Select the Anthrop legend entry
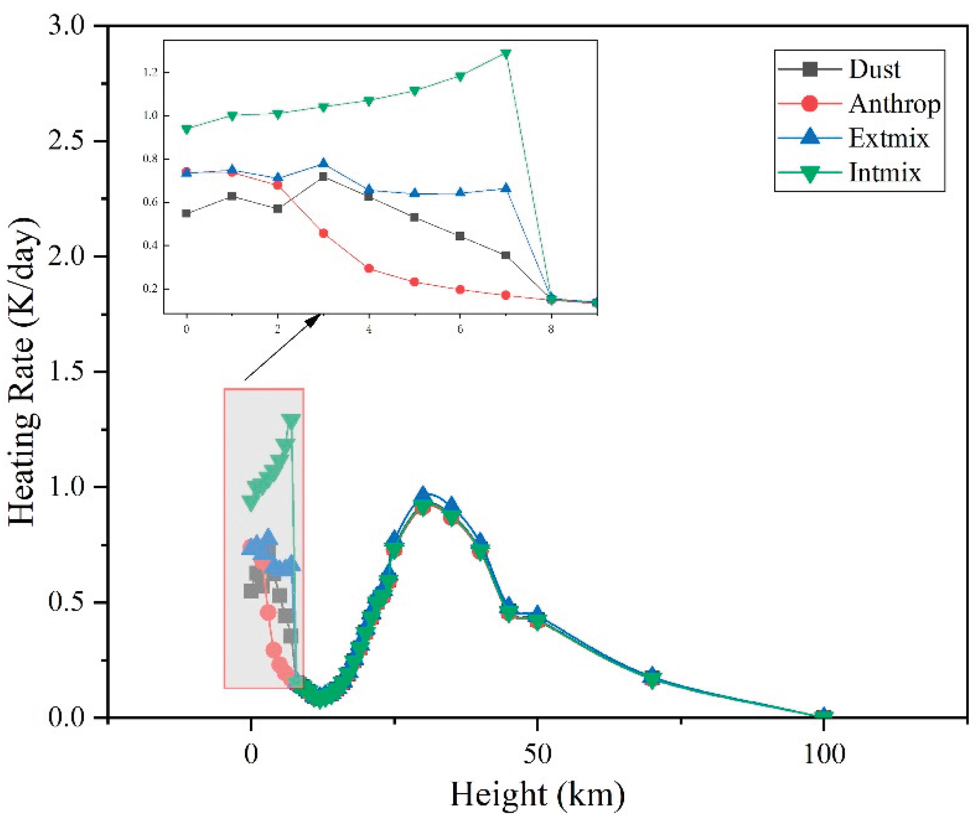click(894, 104)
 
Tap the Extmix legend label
click(888, 138)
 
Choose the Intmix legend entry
click(884, 173)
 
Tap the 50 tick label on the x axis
click(538, 754)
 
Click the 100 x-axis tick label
click(824, 754)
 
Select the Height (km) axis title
click(538, 794)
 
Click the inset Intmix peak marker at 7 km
click(505, 54)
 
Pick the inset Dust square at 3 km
click(323, 176)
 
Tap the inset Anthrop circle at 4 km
click(369, 268)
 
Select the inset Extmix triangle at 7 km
click(505, 189)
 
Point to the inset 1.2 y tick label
click(150, 72)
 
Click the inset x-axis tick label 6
click(460, 330)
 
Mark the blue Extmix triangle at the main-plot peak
click(423, 494)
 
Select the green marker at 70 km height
click(653, 678)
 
